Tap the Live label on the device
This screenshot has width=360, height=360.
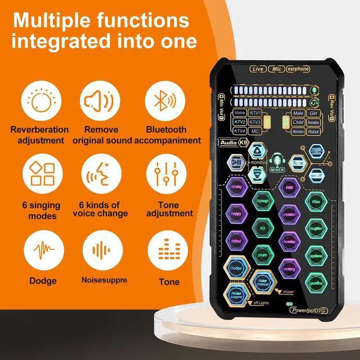(x=258, y=69)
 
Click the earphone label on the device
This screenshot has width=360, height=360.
(x=298, y=69)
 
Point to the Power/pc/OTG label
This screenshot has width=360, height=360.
(x=309, y=309)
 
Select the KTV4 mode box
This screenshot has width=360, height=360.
(x=240, y=131)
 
